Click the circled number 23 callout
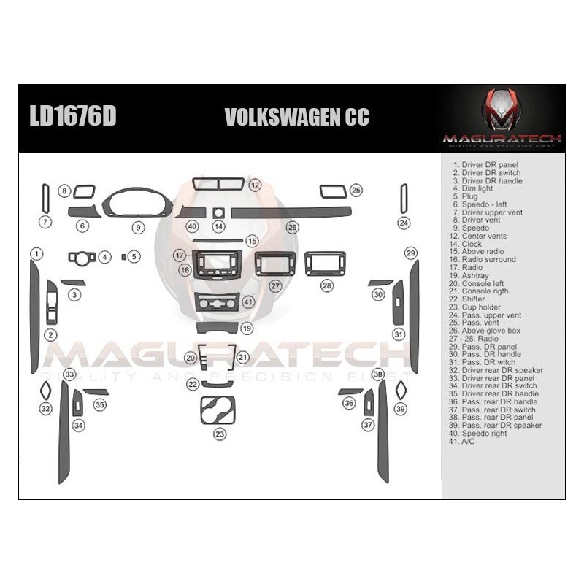220,434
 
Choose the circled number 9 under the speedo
137,227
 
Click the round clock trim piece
218,212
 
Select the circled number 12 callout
255,185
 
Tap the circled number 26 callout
292,227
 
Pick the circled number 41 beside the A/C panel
248,301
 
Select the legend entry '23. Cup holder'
474,307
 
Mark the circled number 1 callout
35,253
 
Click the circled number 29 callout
411,253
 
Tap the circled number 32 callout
46,409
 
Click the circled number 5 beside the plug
134,257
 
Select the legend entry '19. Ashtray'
470,275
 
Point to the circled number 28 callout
327,285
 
